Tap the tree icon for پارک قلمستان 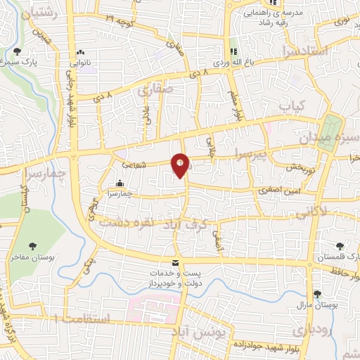[340, 247]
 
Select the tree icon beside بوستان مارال [318, 294]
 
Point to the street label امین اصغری [268, 189]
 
